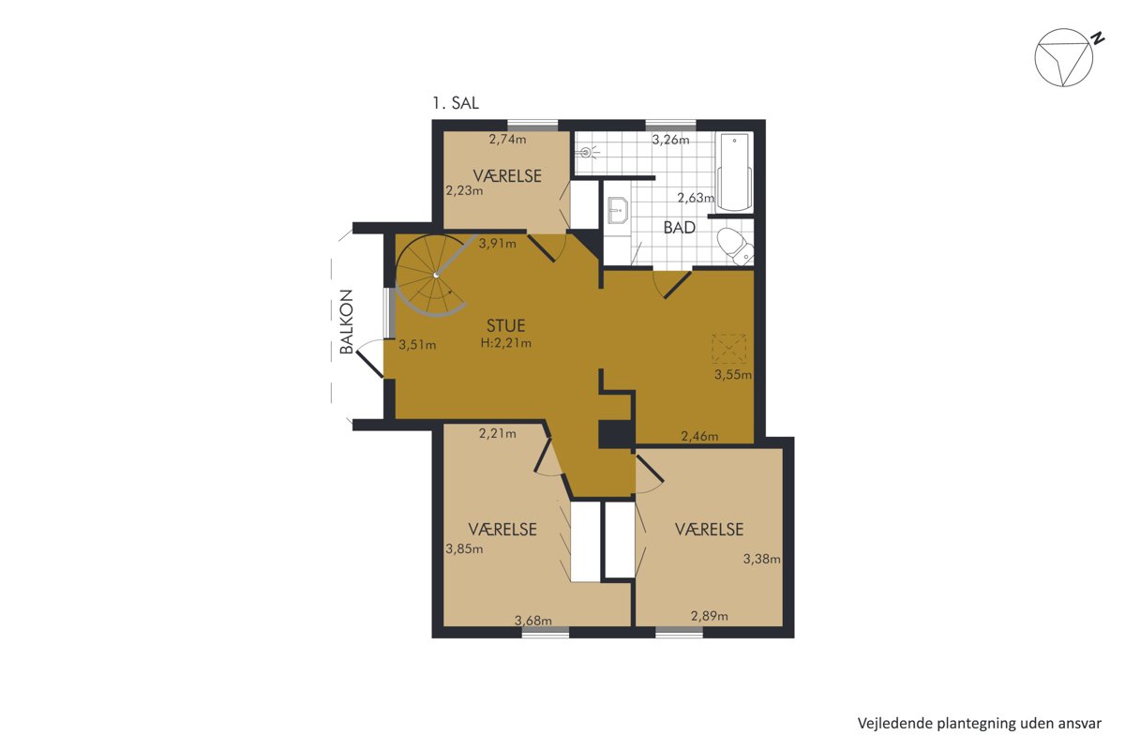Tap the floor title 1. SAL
tap(456, 103)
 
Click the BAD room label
tap(679, 228)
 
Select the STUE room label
tap(505, 325)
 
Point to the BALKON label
tap(347, 322)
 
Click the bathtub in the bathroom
tap(734, 172)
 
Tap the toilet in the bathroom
tap(736, 247)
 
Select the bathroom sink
tap(617, 210)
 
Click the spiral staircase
tap(432, 276)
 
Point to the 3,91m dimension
tap(497, 244)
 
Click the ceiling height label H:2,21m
tap(505, 343)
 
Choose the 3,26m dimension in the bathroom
tap(670, 140)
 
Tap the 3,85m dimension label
tap(464, 549)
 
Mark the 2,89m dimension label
tap(709, 616)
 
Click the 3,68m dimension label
tap(532, 621)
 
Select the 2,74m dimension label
tap(507, 139)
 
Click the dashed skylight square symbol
tap(728, 348)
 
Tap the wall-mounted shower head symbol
tap(588, 151)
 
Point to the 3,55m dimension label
tap(733, 374)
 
